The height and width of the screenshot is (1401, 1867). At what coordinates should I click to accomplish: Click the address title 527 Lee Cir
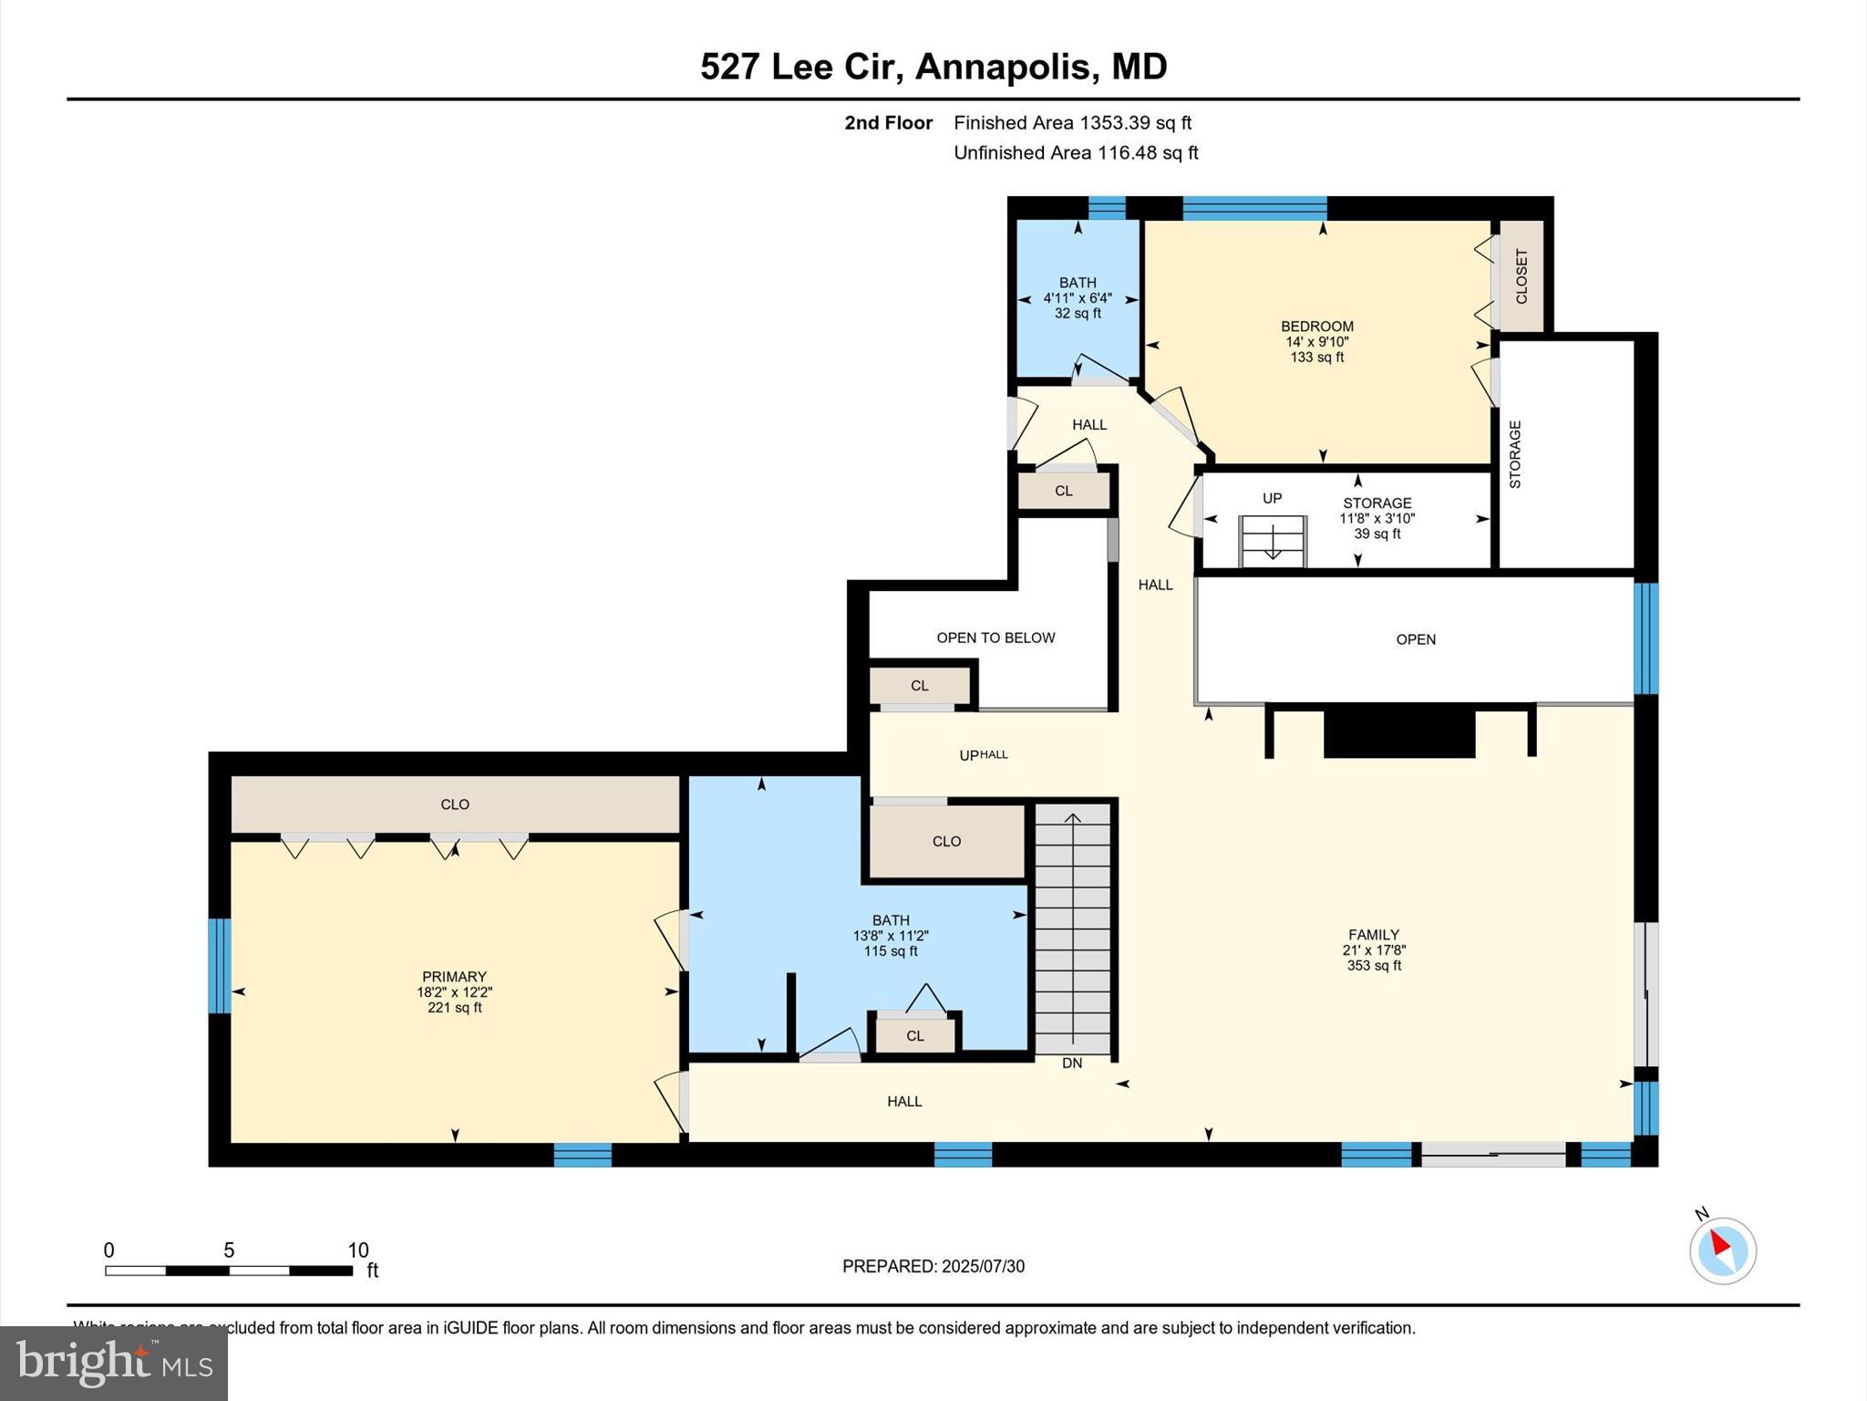[933, 67]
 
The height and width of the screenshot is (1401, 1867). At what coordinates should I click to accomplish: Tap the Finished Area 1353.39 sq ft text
[1072, 122]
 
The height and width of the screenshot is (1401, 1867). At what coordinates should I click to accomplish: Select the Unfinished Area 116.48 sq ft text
[1075, 152]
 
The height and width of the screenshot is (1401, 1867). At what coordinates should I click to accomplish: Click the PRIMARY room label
[454, 976]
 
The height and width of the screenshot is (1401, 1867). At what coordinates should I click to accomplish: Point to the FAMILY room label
[1373, 934]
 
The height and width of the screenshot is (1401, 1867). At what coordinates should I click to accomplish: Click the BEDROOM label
[1316, 326]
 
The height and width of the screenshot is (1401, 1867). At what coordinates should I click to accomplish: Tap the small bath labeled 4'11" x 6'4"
[1078, 297]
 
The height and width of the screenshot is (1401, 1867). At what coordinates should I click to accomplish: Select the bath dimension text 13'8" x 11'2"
[890, 936]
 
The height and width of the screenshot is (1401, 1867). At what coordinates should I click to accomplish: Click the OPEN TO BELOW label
[995, 638]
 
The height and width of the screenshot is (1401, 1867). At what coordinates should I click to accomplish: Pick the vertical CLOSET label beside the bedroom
[1521, 275]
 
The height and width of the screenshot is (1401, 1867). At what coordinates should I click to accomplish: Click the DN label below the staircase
[1072, 1064]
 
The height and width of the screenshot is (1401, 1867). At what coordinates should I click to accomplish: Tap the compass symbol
[1722, 1250]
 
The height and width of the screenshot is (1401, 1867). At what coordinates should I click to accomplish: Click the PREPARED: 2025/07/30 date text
[933, 1266]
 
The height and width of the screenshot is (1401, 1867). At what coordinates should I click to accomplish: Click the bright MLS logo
[114, 1363]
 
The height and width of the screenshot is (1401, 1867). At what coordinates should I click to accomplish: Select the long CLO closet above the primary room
[455, 804]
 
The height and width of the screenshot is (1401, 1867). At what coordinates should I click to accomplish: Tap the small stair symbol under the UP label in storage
[1273, 542]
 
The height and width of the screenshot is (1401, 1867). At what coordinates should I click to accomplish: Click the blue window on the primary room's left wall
[219, 966]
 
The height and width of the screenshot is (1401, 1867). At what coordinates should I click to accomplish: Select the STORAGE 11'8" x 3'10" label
[1377, 517]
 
